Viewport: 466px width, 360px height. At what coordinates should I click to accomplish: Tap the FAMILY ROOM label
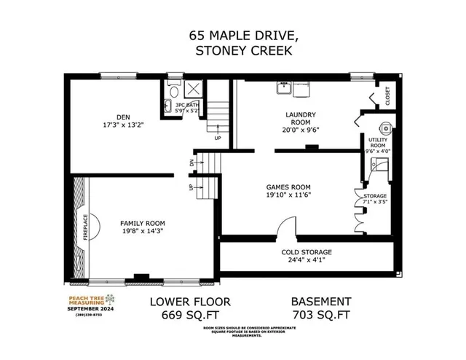pyautogui.click(x=143, y=223)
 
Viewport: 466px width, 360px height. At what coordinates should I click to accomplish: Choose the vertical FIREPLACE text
pyautogui.click(x=85, y=227)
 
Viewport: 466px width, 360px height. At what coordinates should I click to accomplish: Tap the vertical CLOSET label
pyautogui.click(x=387, y=97)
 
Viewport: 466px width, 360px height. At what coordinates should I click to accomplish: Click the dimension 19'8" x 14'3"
pyautogui.click(x=143, y=232)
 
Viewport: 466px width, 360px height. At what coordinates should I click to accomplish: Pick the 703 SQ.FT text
pyautogui.click(x=321, y=315)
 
